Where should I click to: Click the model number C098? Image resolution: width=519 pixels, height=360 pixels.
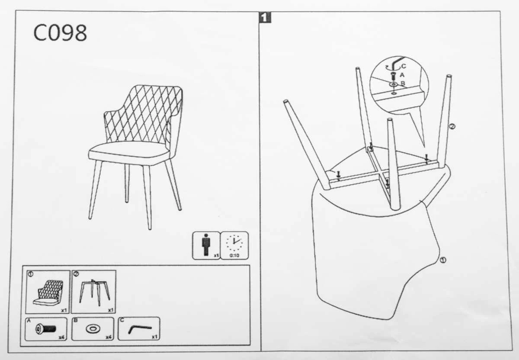60,33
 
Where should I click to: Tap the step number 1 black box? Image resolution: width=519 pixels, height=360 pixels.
265,18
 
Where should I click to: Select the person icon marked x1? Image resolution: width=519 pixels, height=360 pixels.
206,245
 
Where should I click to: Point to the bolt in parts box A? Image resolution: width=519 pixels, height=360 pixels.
46,329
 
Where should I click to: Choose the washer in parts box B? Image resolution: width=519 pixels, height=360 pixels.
93,329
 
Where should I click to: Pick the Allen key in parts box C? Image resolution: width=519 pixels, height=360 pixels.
140,329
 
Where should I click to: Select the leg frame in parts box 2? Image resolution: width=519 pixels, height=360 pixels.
94,292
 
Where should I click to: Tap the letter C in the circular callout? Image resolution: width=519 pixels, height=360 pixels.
404,66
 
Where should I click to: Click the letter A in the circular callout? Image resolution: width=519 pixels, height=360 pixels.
402,75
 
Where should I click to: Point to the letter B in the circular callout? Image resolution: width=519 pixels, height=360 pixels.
403,83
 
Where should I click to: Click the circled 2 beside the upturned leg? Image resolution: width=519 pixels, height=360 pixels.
452,127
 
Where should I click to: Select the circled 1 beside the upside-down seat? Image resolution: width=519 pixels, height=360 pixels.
443,260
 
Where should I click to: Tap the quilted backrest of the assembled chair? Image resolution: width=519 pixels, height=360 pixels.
144,114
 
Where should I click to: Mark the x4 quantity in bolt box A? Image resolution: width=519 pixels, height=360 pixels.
61,337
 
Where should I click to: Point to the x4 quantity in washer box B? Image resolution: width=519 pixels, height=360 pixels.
109,337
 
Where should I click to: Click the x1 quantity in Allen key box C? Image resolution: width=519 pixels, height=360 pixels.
154,337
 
